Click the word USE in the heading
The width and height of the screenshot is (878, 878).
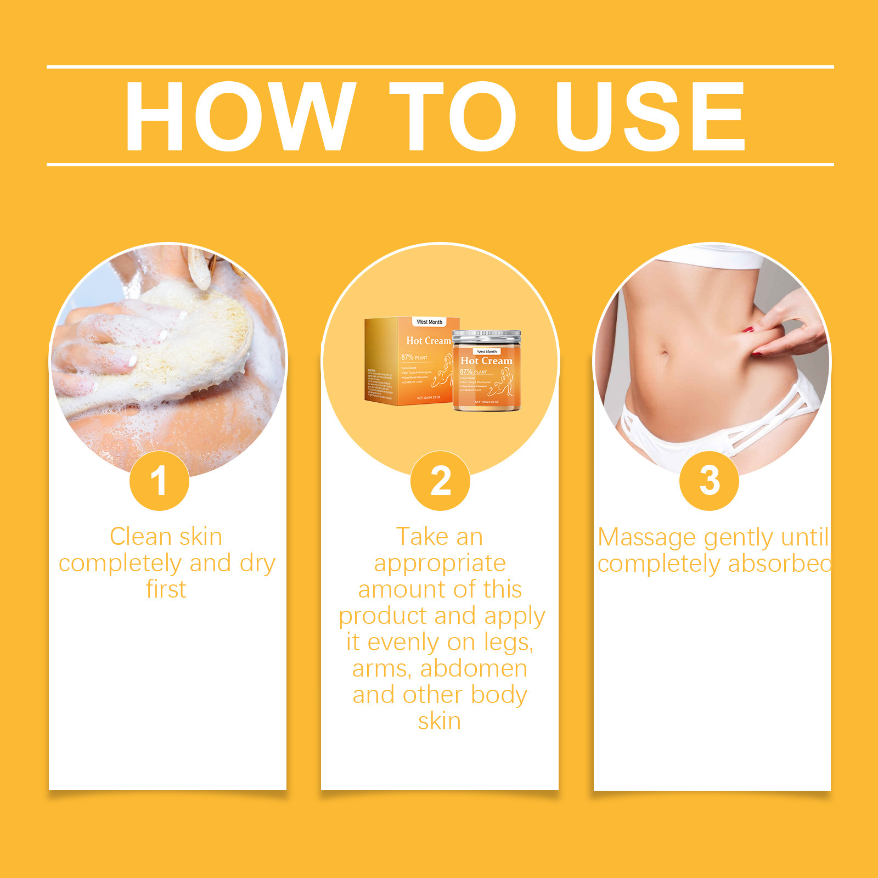click(650, 116)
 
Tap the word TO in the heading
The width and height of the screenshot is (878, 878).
click(453, 116)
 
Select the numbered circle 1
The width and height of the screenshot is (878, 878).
click(159, 481)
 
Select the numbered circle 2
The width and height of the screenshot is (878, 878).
click(440, 481)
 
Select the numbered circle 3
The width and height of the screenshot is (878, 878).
click(709, 481)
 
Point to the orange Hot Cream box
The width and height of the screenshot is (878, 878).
click(409, 362)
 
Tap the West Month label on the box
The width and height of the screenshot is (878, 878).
click(429, 322)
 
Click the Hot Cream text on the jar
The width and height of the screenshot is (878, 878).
click(486, 361)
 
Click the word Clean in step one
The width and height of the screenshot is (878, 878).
click(140, 537)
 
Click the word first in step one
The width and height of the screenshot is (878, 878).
click(166, 589)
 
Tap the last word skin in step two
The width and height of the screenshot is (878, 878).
click(439, 722)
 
